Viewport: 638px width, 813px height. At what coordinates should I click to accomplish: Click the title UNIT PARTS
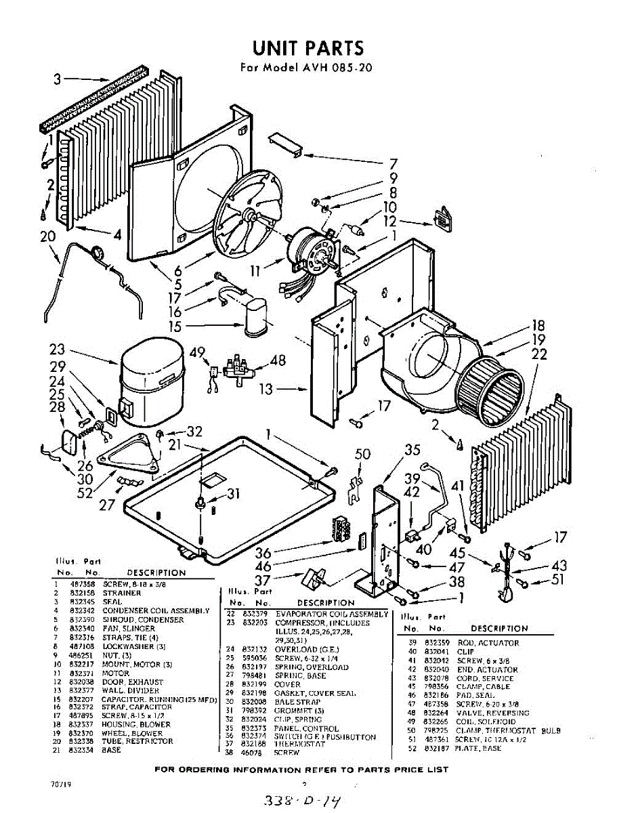(308, 47)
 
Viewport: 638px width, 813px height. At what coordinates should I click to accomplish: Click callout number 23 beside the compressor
(57, 350)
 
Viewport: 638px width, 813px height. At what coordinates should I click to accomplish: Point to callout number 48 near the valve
(278, 361)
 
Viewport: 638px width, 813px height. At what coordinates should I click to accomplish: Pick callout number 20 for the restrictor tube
(46, 236)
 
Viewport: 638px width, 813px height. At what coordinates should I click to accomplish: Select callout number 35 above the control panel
(412, 449)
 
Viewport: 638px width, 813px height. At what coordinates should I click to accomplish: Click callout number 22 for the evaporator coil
(540, 353)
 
